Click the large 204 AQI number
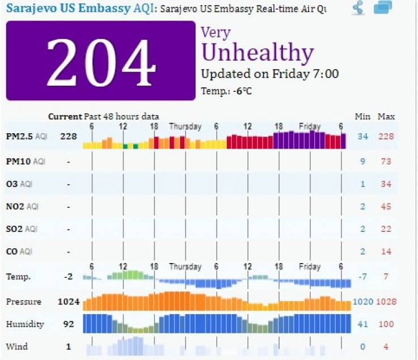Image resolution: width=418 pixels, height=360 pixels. (x=101, y=61)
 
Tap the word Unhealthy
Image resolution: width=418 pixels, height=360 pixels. (x=257, y=53)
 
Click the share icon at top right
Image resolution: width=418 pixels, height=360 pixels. (x=358, y=8)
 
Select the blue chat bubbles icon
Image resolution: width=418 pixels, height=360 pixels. (x=383, y=8)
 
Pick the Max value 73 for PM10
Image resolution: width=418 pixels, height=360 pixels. (x=386, y=161)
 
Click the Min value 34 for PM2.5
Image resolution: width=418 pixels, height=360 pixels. (x=363, y=137)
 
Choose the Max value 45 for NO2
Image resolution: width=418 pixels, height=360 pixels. (x=386, y=207)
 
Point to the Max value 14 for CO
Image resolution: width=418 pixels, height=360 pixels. (x=386, y=252)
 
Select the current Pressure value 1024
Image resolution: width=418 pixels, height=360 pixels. (x=68, y=302)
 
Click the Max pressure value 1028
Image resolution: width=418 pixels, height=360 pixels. (x=386, y=302)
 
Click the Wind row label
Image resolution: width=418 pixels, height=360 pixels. (x=16, y=346)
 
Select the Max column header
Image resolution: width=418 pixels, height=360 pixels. (x=386, y=117)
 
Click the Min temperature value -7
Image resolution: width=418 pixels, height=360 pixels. (x=363, y=277)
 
